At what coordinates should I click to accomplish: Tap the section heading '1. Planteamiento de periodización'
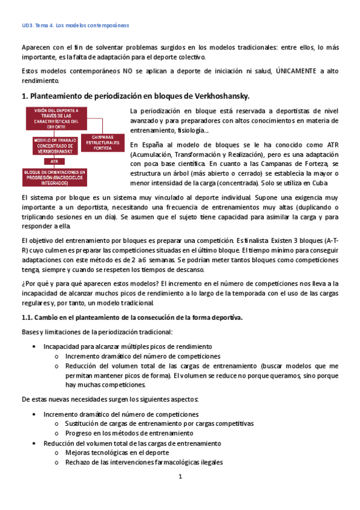135,96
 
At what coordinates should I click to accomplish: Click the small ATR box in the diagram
54,161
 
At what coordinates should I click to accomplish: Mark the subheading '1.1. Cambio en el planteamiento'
132,318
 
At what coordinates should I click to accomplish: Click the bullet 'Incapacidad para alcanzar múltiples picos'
127,346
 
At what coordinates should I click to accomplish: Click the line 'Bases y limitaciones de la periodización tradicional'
96,332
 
